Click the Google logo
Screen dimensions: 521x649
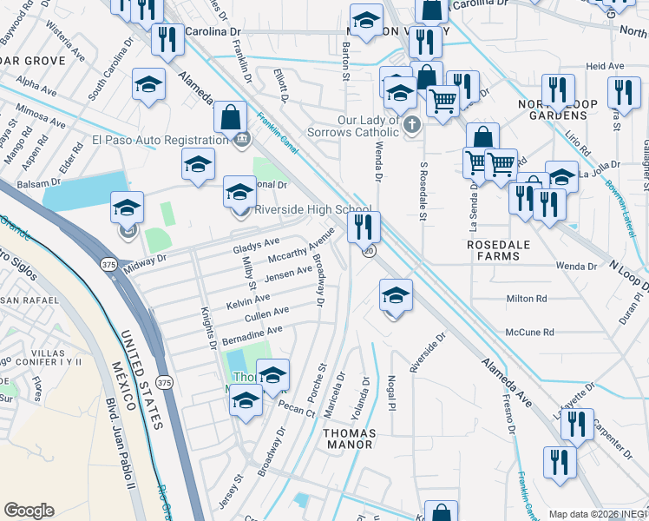coord(29,511)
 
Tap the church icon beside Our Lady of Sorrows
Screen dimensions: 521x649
coord(412,126)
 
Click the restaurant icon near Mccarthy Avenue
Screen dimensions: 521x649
coord(364,228)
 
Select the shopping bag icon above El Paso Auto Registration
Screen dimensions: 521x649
coord(231,116)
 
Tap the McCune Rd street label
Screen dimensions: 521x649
coord(529,332)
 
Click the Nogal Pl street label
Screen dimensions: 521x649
coord(392,392)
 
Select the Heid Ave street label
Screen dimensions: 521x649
coord(605,66)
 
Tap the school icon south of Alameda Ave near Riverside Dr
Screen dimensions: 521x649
coord(396,296)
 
